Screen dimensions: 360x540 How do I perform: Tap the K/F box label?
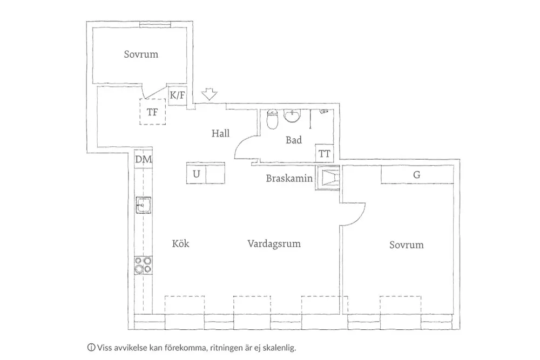pyautogui.click(x=178, y=96)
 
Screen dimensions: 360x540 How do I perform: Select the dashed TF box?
pyautogui.click(x=153, y=112)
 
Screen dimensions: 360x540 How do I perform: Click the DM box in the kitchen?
pyautogui.click(x=143, y=159)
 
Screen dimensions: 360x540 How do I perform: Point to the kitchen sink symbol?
pyautogui.click(x=143, y=205)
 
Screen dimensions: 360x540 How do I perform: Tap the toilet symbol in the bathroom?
pyautogui.click(x=273, y=119)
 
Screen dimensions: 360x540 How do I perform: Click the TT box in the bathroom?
pyautogui.click(x=325, y=153)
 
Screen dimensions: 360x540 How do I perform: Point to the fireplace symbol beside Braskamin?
pyautogui.click(x=328, y=178)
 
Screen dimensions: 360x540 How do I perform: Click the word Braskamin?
pyautogui.click(x=289, y=178)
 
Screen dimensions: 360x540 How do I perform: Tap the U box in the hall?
pyautogui.click(x=197, y=174)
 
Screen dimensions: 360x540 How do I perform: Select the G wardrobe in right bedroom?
pyautogui.click(x=417, y=174)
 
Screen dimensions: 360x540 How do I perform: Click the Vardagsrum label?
pyautogui.click(x=274, y=244)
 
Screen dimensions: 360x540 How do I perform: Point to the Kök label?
pyautogui.click(x=180, y=244)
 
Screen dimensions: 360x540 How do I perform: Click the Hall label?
pyautogui.click(x=220, y=133)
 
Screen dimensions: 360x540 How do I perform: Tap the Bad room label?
pyautogui.click(x=293, y=140)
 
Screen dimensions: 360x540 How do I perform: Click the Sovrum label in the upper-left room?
pyautogui.click(x=141, y=55)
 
